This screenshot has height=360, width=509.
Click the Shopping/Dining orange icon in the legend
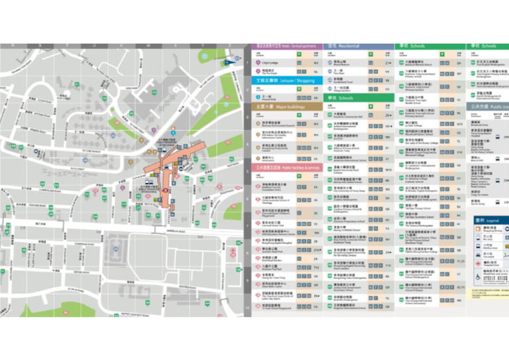pos(479,229)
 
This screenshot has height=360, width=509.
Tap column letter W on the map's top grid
pos(148,46)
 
